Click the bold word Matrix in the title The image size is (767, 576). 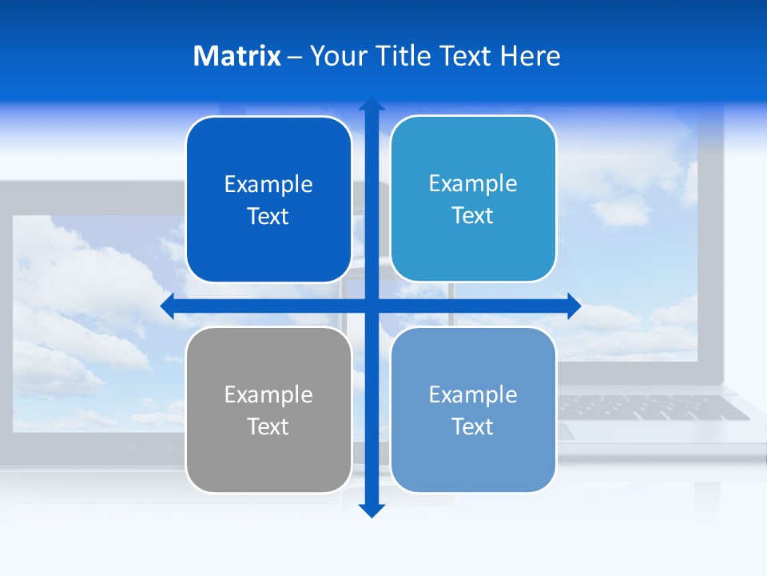pyautogui.click(x=236, y=56)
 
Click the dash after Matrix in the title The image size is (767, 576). pyautogui.click(x=295, y=57)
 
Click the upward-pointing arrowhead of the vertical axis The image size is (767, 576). pyautogui.click(x=372, y=104)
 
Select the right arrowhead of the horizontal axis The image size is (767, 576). pyautogui.click(x=574, y=306)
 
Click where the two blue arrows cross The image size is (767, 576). pyautogui.click(x=372, y=306)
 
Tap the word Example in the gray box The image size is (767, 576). pyautogui.click(x=268, y=394)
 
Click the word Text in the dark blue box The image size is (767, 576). pyautogui.click(x=268, y=217)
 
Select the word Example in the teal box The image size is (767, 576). pyautogui.click(x=473, y=183)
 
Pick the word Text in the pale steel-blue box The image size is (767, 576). pyautogui.click(x=473, y=426)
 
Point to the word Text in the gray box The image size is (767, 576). pyautogui.click(x=268, y=426)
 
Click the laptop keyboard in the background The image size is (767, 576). pyautogui.click(x=655, y=407)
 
